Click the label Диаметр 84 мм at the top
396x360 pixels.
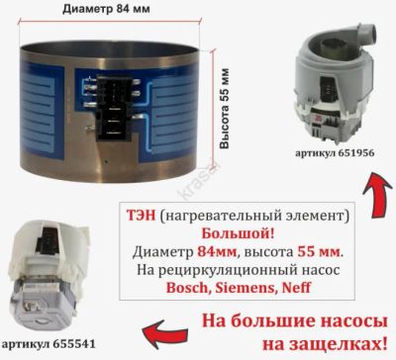point(106,9)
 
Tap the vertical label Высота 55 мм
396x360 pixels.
point(224,109)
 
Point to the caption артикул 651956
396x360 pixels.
point(335,153)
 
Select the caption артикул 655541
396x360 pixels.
point(49,344)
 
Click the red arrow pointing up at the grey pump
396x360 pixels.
point(376,195)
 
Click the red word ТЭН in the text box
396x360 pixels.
point(141,216)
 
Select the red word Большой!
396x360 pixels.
point(238,234)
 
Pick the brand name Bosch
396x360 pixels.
point(186,288)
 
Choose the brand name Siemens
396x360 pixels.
point(243,288)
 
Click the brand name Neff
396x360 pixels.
point(296,288)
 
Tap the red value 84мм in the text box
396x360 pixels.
point(217,252)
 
